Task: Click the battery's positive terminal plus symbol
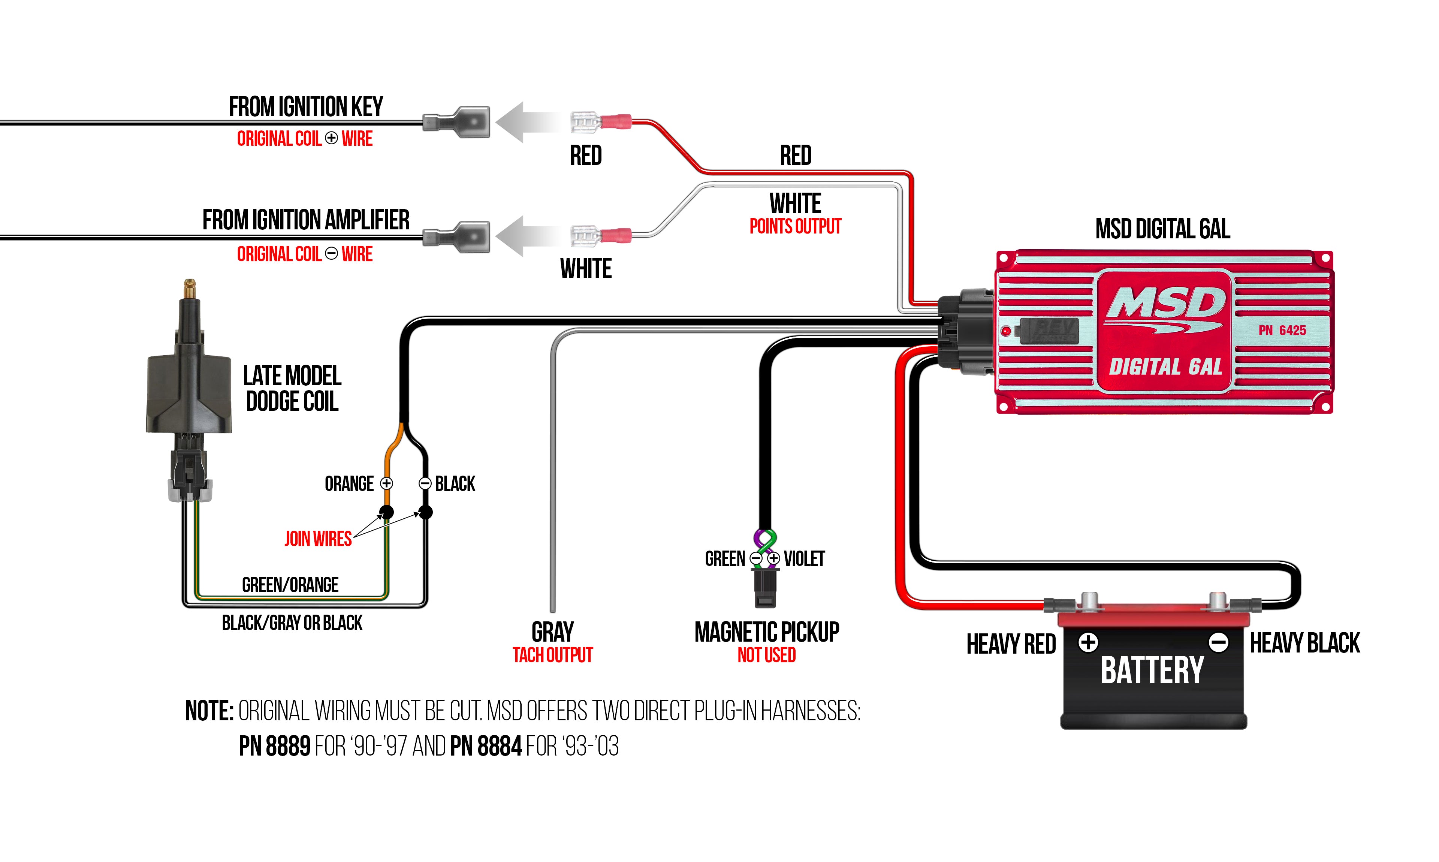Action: tap(1088, 642)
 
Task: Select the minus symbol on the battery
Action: tap(1218, 642)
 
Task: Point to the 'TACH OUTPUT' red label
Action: tap(552, 655)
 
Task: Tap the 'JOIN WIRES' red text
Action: tap(318, 539)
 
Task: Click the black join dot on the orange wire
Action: tap(386, 512)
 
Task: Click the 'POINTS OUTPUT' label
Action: tap(795, 226)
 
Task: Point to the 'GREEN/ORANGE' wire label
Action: tap(290, 584)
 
